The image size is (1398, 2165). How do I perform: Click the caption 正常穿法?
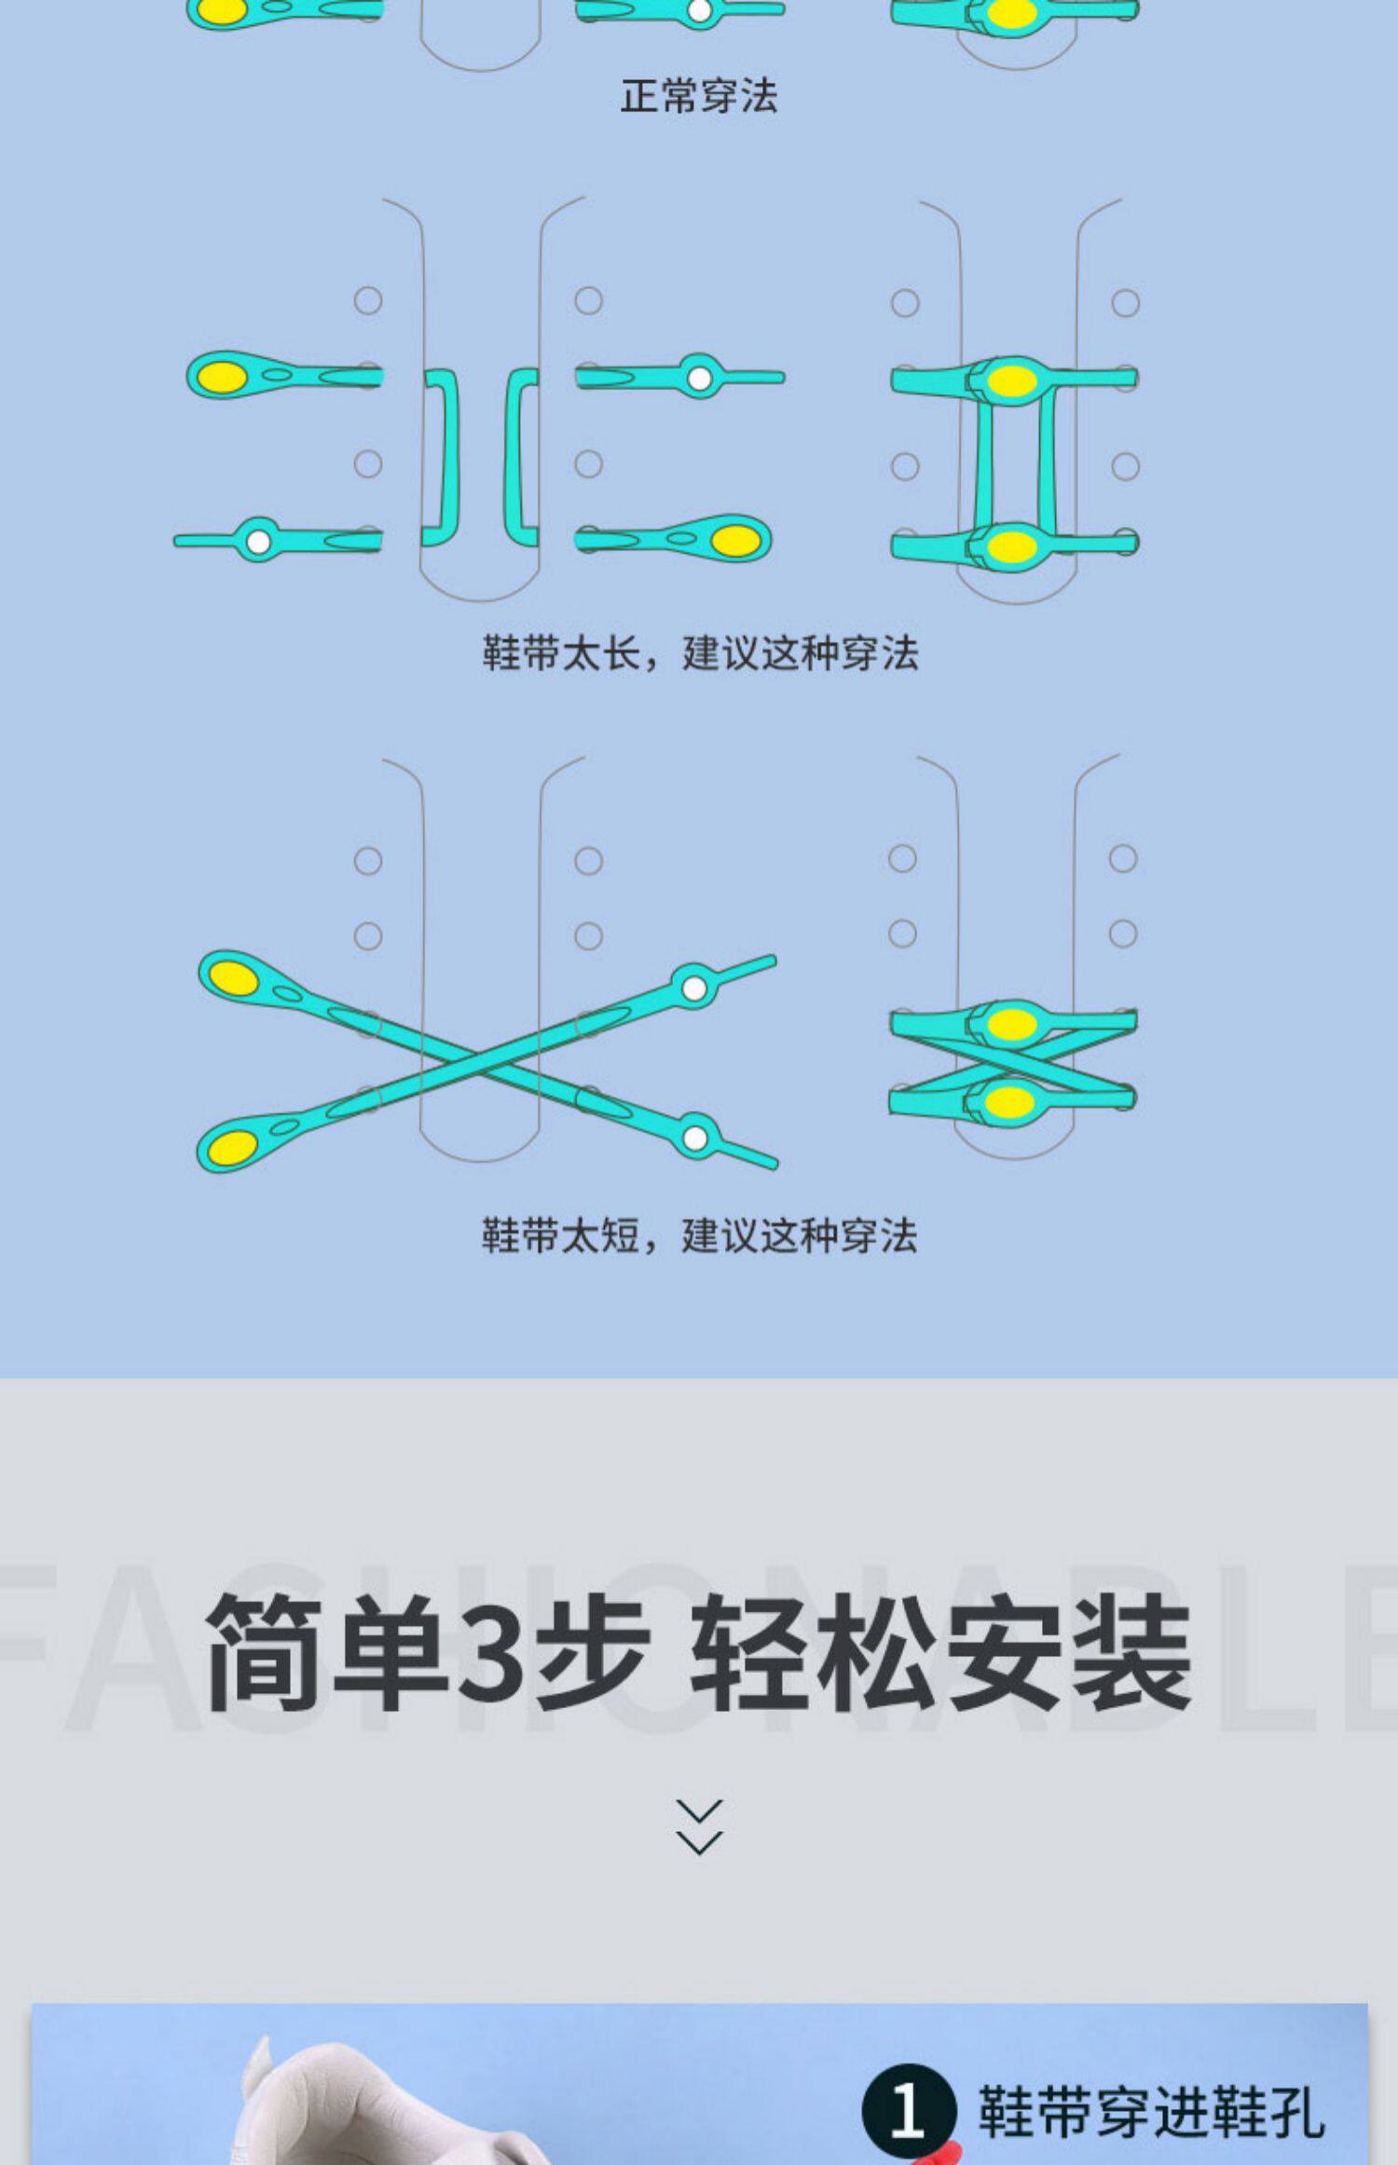coord(699,96)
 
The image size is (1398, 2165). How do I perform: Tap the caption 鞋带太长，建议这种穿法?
coord(700,653)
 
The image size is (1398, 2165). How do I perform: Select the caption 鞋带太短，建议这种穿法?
coord(699,1235)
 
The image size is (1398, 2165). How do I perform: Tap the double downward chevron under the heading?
coord(699,1827)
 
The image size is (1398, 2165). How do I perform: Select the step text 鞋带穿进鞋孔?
coord(1151,2112)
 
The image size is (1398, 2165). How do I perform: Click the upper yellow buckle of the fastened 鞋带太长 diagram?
coord(1011,380)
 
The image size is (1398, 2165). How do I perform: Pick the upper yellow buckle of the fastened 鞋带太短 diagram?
coord(1011,1024)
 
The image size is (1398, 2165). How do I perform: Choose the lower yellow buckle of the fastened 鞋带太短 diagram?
coord(1010,1103)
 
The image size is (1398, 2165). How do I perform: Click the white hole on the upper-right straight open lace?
coord(699,378)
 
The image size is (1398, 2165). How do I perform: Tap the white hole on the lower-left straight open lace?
coord(258,541)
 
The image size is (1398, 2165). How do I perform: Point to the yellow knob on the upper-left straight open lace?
coord(224,377)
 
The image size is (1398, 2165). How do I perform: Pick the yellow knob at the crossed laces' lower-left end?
coord(232,1146)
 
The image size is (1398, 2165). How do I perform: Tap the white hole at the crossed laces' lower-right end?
coord(694,1138)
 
